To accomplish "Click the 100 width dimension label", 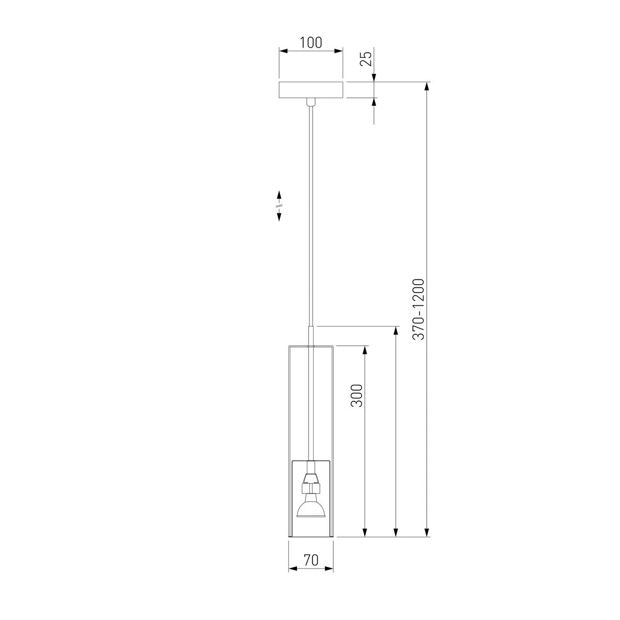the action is [311, 42].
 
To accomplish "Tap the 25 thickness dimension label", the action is [366, 58].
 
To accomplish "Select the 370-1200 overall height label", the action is [419, 309].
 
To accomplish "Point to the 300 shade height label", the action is [357, 395].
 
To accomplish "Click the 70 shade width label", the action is [311, 560].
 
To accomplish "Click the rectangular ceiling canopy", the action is [311, 90].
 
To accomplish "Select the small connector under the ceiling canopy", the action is [311, 102].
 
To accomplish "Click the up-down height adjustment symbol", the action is [279, 206].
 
